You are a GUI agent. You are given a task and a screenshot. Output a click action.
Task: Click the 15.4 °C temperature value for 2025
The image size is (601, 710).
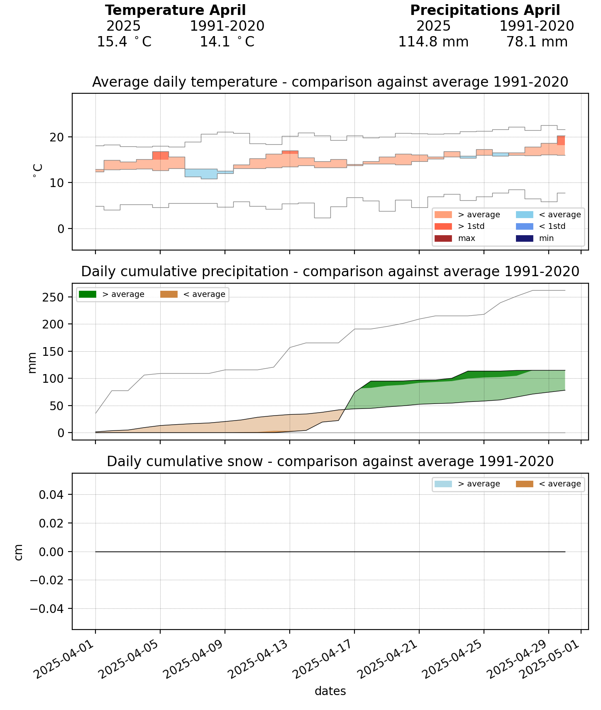coord(124,42)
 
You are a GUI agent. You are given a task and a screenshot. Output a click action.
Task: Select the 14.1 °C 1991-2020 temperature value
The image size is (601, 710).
coord(227,42)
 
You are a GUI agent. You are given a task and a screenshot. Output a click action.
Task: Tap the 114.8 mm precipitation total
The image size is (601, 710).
coord(433,42)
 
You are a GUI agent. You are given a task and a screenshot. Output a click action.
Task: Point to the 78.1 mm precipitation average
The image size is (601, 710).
coord(537,42)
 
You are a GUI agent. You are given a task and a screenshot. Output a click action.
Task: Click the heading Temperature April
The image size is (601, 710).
coord(175,10)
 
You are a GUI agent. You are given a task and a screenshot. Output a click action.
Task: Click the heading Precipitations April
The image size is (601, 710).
coord(485,10)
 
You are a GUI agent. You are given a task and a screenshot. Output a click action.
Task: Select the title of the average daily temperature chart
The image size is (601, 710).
coord(330,82)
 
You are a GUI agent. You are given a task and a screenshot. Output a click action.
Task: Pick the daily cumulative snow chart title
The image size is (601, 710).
coord(330,461)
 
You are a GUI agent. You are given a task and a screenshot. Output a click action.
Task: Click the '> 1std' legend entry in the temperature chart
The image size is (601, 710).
coord(471,226)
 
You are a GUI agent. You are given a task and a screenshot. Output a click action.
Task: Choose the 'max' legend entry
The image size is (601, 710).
coord(467,238)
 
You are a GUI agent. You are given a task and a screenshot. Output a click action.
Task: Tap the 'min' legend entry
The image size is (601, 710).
coord(547,238)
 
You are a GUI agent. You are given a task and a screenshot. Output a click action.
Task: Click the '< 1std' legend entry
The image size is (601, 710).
coord(552,226)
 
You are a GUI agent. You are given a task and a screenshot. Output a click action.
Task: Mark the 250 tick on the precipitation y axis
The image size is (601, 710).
coord(53,297)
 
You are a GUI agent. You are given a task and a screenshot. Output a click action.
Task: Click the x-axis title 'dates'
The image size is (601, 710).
coord(330,691)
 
